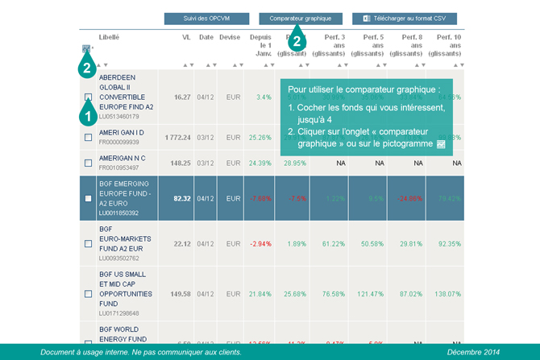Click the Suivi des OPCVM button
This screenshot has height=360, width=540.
(x=206, y=18)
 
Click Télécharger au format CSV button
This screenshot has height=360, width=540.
(x=404, y=18)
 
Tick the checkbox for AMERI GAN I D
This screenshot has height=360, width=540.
(x=88, y=137)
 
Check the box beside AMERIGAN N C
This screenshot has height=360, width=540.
(x=88, y=163)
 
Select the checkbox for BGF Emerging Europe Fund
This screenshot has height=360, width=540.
(x=88, y=198)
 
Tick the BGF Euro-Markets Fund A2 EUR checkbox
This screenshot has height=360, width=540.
(x=88, y=243)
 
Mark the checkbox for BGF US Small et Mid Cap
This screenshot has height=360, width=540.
(x=88, y=294)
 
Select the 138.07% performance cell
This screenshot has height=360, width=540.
(x=448, y=294)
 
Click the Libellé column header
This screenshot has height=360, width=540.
(x=110, y=37)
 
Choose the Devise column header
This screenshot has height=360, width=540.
(x=230, y=37)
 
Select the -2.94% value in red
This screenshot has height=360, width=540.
(x=260, y=243)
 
